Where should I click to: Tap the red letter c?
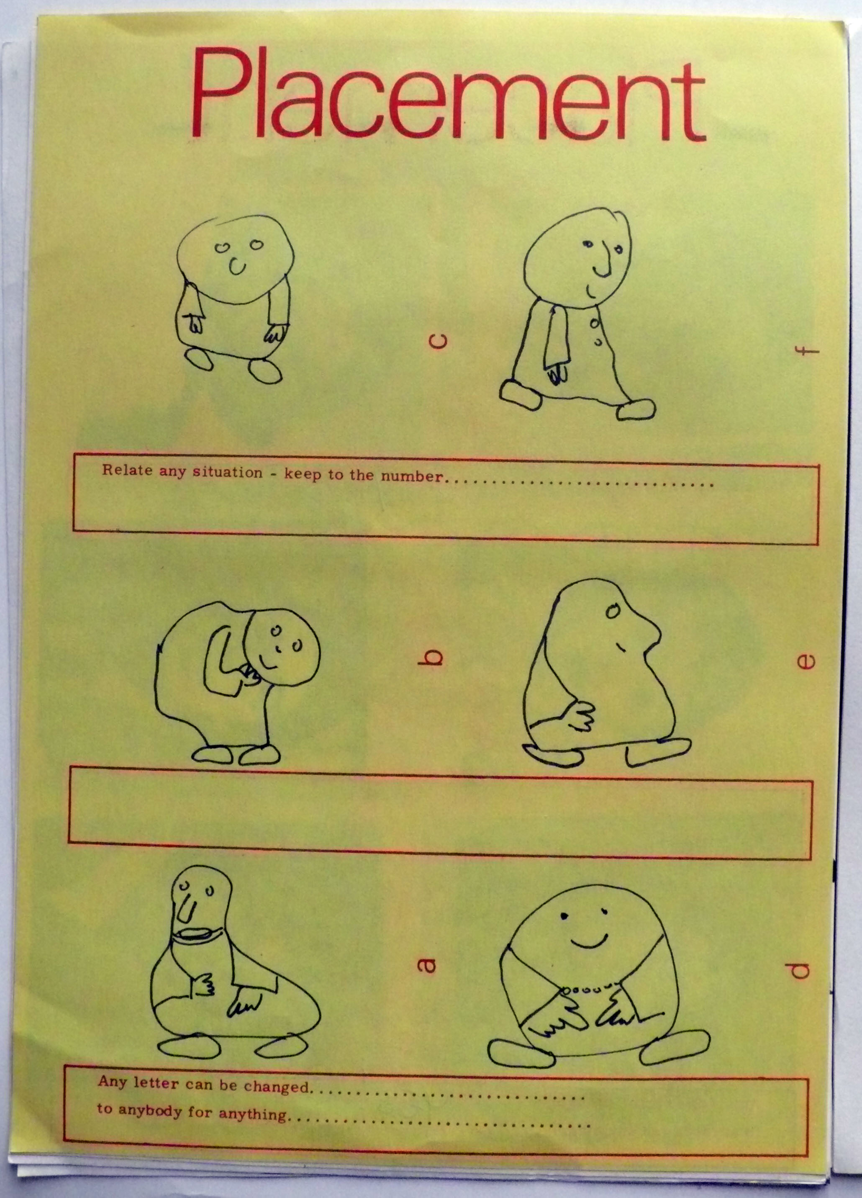tap(439, 341)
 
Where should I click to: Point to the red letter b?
tap(434, 658)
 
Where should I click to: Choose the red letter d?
tap(801, 969)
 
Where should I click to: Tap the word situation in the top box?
tap(227, 472)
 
